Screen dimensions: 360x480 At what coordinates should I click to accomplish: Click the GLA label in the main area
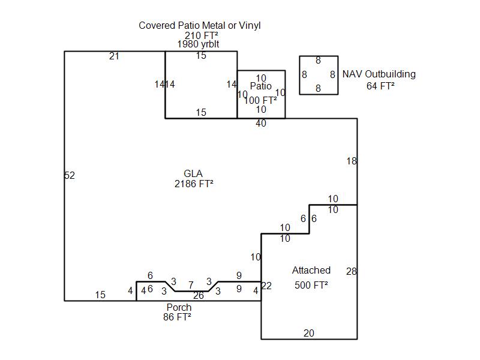pyautogui.click(x=193, y=174)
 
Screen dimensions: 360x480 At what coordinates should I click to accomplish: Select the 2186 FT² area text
pyautogui.click(x=194, y=184)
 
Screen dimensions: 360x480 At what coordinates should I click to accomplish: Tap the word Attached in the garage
pyautogui.click(x=311, y=270)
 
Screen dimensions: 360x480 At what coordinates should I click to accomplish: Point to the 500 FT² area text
pyautogui.click(x=311, y=285)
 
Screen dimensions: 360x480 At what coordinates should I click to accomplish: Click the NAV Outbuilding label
pyautogui.click(x=379, y=74)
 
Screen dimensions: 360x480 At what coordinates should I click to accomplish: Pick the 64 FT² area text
pyautogui.click(x=380, y=86)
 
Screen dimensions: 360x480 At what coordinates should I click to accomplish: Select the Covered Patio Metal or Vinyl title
pyautogui.click(x=200, y=25)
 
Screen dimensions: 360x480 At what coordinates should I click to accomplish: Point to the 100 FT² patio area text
pyautogui.click(x=260, y=100)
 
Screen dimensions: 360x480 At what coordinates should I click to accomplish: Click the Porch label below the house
pyautogui.click(x=179, y=307)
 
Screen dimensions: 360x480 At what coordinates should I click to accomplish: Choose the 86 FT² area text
pyautogui.click(x=177, y=317)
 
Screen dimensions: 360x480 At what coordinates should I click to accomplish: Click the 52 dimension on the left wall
pyautogui.click(x=70, y=175)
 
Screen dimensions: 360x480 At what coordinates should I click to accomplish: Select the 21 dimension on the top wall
pyautogui.click(x=114, y=56)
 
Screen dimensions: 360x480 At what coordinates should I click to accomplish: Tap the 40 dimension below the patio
pyautogui.click(x=260, y=124)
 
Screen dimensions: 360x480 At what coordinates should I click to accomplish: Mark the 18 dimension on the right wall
pyautogui.click(x=352, y=161)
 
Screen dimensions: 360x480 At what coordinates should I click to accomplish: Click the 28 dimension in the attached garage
pyautogui.click(x=352, y=272)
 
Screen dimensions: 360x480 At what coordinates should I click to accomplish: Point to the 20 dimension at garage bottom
pyautogui.click(x=309, y=334)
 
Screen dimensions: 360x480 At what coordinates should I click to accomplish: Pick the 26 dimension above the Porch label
pyautogui.click(x=199, y=295)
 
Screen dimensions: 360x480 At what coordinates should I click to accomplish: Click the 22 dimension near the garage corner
pyautogui.click(x=266, y=286)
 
